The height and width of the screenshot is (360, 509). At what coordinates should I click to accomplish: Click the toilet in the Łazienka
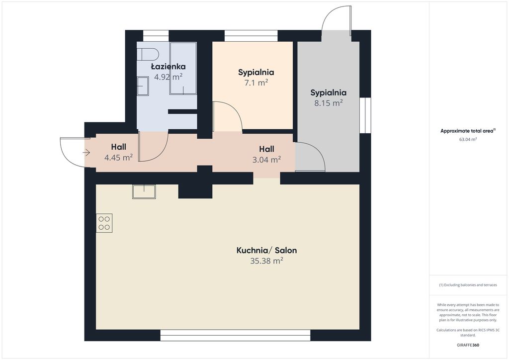pos(147,54)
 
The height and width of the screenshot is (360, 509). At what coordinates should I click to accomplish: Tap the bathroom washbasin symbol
pos(143,86)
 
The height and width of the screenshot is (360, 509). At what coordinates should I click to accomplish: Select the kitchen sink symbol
pos(144,191)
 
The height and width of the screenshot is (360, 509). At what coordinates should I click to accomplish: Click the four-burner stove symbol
pos(104,223)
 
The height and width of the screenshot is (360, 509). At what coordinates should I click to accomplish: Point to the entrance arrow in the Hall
pos(86,152)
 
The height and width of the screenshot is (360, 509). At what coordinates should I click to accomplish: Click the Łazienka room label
pos(169,67)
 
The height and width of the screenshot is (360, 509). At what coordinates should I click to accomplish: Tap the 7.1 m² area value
pos(256,83)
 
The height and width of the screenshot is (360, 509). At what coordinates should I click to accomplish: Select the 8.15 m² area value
pos(329,103)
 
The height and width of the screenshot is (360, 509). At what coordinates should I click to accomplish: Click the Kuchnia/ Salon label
pos(266,250)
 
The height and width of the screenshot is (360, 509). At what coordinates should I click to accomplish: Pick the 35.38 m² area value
pos(266,261)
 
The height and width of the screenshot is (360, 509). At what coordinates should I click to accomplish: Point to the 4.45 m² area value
pos(118,158)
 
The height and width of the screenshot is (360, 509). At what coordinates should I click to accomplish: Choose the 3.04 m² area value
pos(266,160)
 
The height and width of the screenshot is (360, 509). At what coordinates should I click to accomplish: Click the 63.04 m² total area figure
pos(468,140)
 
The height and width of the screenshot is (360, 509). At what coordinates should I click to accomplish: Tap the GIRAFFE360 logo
pos(468,345)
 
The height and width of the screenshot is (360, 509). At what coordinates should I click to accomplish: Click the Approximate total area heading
pos(468,131)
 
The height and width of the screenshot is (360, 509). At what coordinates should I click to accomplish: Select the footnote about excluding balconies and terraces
pos(468,285)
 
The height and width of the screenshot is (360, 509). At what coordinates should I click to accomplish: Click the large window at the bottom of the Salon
pos(235,335)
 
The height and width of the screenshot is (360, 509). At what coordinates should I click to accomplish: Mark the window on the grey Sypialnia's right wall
pos(365,115)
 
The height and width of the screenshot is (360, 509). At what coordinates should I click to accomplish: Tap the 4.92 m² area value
pos(168,77)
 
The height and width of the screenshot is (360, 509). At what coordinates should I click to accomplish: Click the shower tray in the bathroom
pos(183,68)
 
